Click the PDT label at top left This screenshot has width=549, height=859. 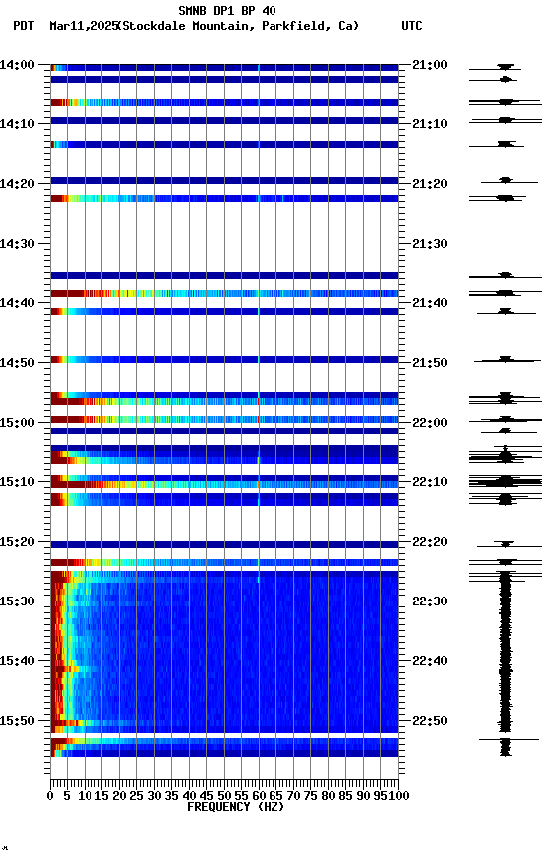pyautogui.click(x=23, y=26)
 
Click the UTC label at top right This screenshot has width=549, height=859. pyautogui.click(x=412, y=26)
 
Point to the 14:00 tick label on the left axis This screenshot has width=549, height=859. pyautogui.click(x=18, y=65)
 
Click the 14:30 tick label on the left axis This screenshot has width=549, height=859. pyautogui.click(x=18, y=244)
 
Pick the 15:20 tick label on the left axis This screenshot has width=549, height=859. pyautogui.click(x=18, y=542)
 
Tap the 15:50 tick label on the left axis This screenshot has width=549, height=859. pyautogui.click(x=18, y=721)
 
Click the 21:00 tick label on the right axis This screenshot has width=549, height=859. pyautogui.click(x=429, y=65)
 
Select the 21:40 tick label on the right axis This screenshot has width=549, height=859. pyautogui.click(x=429, y=303)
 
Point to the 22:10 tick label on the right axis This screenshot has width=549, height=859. pyautogui.click(x=429, y=482)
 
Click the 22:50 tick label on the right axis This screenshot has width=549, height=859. pyautogui.click(x=429, y=721)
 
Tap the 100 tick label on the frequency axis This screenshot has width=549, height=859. pyautogui.click(x=399, y=796)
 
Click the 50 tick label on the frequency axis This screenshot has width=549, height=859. pyautogui.click(x=225, y=796)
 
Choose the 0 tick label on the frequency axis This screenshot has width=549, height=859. pyautogui.click(x=51, y=796)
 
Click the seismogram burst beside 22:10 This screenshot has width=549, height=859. pyautogui.click(x=505, y=482)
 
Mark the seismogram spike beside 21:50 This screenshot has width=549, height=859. pyautogui.click(x=505, y=359)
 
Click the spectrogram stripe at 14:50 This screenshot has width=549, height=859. pyautogui.click(x=224, y=359)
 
